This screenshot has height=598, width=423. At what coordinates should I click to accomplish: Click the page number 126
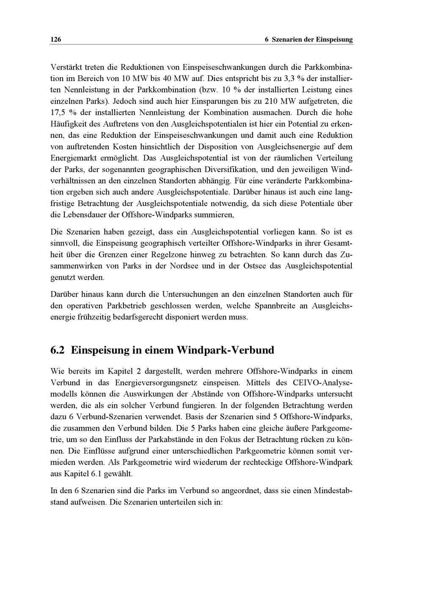tap(56, 40)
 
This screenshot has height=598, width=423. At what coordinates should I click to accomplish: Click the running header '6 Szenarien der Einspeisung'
tap(308, 40)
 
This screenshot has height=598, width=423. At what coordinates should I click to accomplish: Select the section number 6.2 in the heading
tap(58, 350)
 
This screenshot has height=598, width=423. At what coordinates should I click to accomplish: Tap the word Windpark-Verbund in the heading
tap(225, 350)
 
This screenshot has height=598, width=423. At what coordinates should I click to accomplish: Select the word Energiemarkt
tap(71, 158)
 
